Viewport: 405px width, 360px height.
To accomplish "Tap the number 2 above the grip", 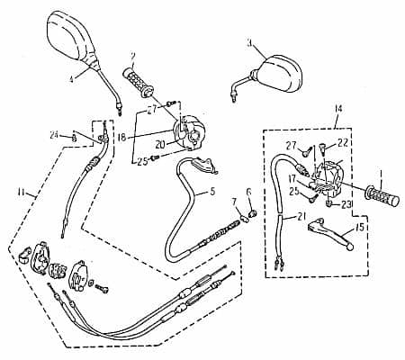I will click(132, 55).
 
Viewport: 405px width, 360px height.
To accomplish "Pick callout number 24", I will click(54, 135).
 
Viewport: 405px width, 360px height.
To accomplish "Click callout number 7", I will click(234, 202).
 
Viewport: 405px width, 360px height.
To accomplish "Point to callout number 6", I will click(248, 191).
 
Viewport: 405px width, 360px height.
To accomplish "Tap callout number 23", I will click(346, 204).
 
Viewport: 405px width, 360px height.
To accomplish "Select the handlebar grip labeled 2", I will click(139, 80).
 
